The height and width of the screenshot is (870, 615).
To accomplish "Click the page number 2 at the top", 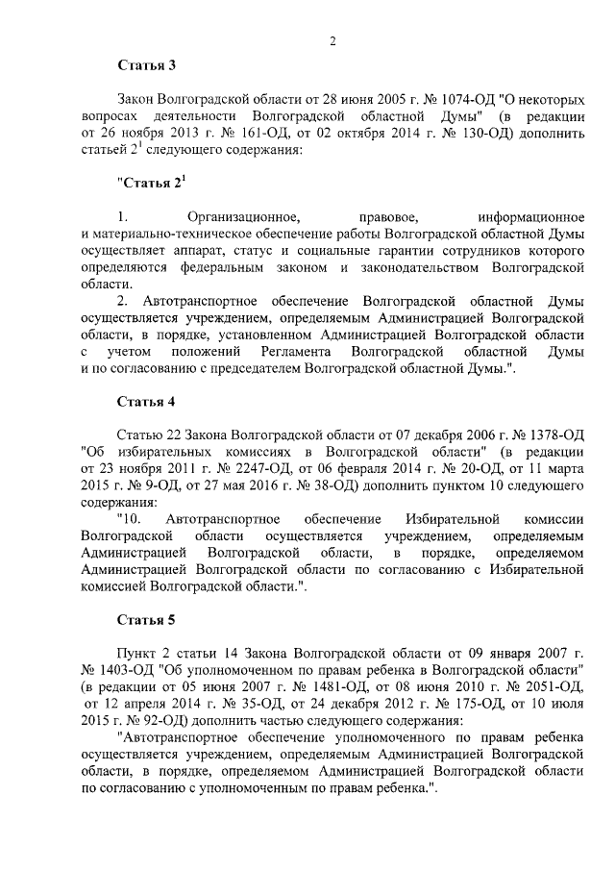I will (332, 40).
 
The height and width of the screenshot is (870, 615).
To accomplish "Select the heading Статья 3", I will (147, 66).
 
